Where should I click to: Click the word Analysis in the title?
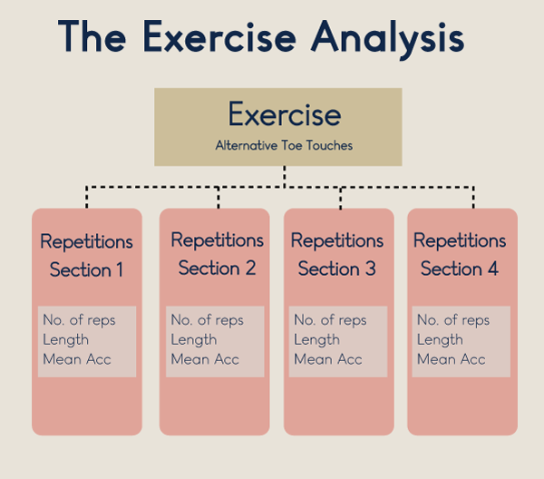(387, 38)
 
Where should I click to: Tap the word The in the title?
(92, 36)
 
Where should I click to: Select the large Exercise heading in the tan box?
(285, 113)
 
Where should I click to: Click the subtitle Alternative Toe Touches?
(284, 145)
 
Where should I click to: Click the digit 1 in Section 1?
(120, 269)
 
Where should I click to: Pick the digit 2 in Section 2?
(250, 268)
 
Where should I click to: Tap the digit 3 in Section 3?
(371, 269)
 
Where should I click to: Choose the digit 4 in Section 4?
(493, 269)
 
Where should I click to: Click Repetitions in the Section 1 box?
(86, 242)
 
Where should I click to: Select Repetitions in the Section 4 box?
(460, 240)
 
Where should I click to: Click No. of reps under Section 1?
(79, 320)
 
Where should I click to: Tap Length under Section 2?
(194, 340)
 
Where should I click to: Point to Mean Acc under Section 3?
(328, 359)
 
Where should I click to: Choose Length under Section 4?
(440, 340)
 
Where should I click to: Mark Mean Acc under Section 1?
(77, 359)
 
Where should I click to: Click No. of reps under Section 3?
(330, 320)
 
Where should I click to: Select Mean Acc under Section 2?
(205, 359)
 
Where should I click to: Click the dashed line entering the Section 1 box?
(87, 197)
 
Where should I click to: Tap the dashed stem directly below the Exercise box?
(285, 177)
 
